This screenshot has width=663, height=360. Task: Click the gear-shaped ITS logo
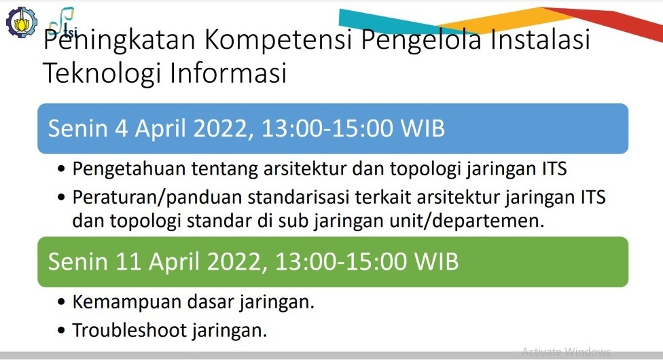[18, 20]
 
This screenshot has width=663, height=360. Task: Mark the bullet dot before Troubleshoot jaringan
[63, 331]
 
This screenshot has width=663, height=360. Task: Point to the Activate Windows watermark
[566, 352]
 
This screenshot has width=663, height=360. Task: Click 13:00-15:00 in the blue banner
[329, 128]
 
